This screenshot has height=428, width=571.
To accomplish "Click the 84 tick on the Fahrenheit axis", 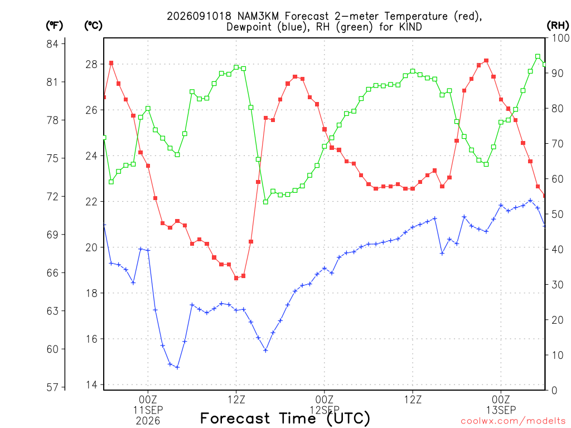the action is click(x=52, y=44).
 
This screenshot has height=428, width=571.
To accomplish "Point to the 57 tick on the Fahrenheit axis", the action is click(x=52, y=387).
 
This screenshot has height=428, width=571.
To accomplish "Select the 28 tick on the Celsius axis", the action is click(x=92, y=65).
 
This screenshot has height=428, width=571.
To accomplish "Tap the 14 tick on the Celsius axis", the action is click(x=92, y=385).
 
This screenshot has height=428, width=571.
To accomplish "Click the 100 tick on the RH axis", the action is click(x=560, y=38).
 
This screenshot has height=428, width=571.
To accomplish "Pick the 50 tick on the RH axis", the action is click(x=558, y=214).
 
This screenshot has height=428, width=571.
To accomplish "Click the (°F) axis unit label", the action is click(x=54, y=26).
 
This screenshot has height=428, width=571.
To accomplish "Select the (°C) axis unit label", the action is click(x=93, y=26).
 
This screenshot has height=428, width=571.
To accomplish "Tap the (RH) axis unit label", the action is click(x=558, y=25).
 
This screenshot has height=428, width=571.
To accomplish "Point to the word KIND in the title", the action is click(x=410, y=27).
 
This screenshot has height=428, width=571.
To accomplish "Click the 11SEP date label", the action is click(x=148, y=410).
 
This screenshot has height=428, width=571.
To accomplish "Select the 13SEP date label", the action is click(x=501, y=410).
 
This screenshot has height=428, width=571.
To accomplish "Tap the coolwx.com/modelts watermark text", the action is click(x=513, y=421).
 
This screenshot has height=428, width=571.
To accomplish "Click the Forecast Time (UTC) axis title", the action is click(x=285, y=419).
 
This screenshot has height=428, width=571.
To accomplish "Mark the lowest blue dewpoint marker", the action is click(x=177, y=367).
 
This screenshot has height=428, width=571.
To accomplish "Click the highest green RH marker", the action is click(x=538, y=56).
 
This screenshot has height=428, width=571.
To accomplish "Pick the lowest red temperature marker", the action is click(x=236, y=278).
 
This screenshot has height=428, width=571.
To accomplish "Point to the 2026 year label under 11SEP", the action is click(x=148, y=421).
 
